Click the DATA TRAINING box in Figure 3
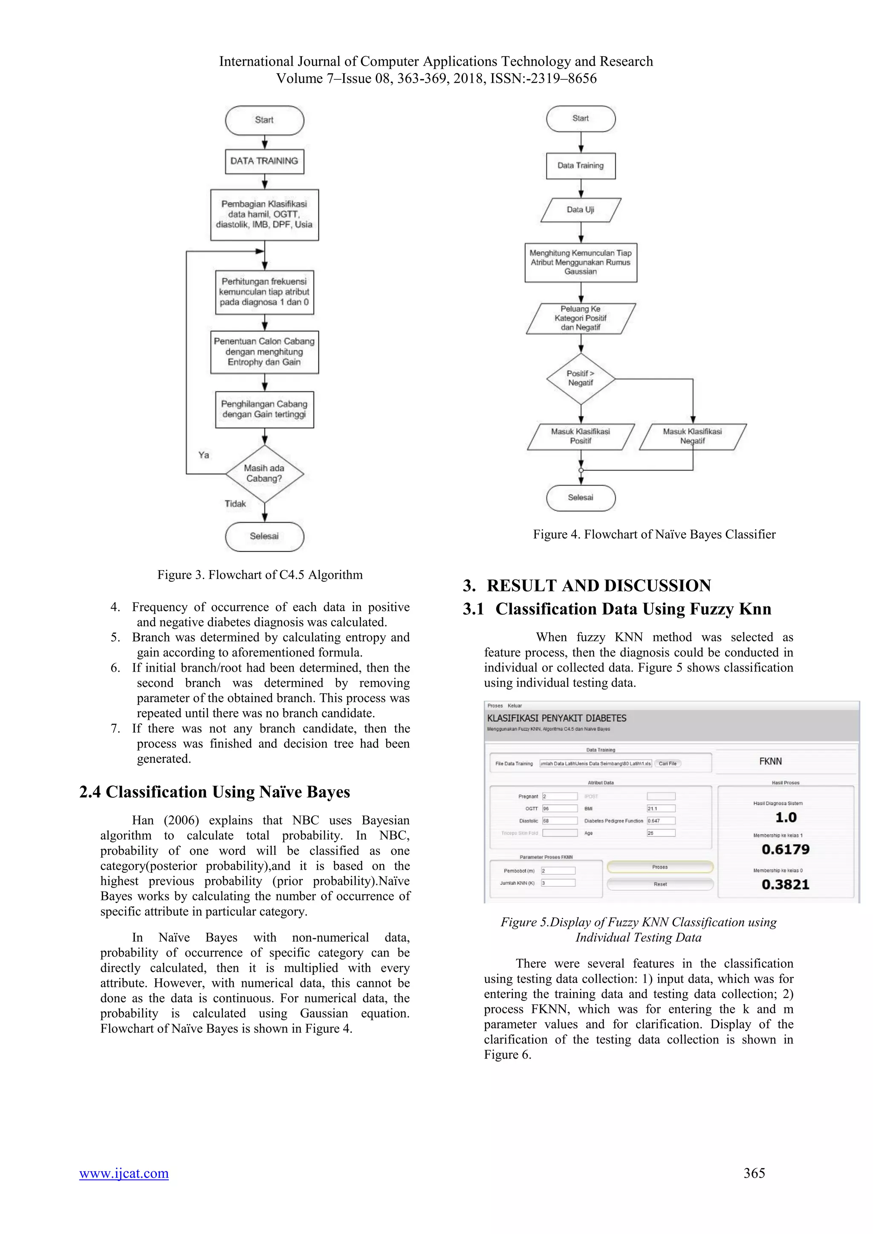264,161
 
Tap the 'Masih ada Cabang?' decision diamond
264,473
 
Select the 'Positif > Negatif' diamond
581,378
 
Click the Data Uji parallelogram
581,210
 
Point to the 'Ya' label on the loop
204,455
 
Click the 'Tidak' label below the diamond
235,504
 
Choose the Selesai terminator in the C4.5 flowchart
264,536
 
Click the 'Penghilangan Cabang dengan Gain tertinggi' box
264,409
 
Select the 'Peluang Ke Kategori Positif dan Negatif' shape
581,318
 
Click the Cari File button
668,763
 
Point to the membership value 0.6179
785,850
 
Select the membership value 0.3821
785,885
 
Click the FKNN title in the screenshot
770,761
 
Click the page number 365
754,1173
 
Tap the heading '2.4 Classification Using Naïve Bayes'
214,792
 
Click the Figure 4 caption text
654,534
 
